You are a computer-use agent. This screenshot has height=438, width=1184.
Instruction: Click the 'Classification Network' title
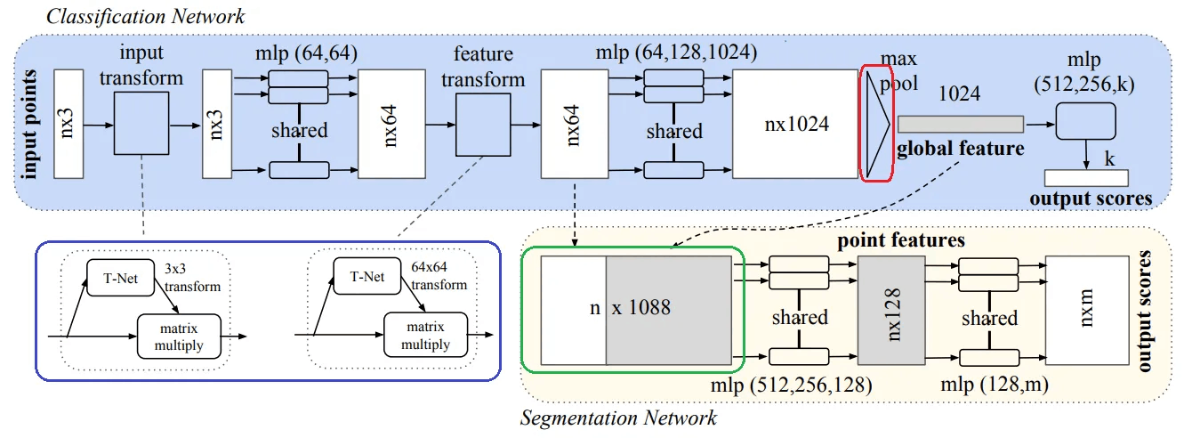pyautogui.click(x=145, y=17)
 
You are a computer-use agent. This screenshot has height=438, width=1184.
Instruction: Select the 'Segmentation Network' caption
pyautogui.click(x=618, y=418)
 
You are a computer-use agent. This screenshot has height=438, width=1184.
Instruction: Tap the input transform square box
pyautogui.click(x=141, y=123)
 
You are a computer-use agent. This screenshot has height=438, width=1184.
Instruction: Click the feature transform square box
pyautogui.click(x=483, y=125)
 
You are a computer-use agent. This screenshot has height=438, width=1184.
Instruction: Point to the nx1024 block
pyautogui.click(x=795, y=124)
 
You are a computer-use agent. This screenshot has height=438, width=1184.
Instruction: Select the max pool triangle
pyautogui.click(x=877, y=124)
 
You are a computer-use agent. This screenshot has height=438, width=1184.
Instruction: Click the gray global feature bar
pyautogui.click(x=961, y=124)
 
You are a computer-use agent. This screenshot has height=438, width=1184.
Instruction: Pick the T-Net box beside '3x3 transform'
pyautogui.click(x=120, y=278)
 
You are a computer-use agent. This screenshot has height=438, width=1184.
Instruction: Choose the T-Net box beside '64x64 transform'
pyautogui.click(x=366, y=276)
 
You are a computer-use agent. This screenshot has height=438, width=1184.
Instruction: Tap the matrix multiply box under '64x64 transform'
pyautogui.click(x=425, y=336)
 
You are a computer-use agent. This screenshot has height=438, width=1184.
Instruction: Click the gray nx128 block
pyautogui.click(x=891, y=311)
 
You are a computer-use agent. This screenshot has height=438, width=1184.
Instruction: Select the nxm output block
pyautogui.click(x=1087, y=311)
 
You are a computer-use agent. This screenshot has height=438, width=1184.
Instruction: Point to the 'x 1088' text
pyautogui.click(x=641, y=307)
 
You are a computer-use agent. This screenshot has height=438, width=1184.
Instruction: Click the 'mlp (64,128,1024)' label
pyautogui.click(x=677, y=53)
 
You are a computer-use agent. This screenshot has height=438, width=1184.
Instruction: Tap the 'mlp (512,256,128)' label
pyautogui.click(x=792, y=385)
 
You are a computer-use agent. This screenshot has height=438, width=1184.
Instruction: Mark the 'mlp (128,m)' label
pyautogui.click(x=995, y=385)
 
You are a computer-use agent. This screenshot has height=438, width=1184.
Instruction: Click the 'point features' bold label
pyautogui.click(x=901, y=240)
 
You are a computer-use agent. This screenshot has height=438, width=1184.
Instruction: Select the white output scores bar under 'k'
pyautogui.click(x=1087, y=178)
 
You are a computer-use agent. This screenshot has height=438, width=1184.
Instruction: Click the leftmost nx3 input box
pyautogui.click(x=68, y=124)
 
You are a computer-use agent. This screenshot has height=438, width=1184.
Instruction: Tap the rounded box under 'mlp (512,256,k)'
pyautogui.click(x=1085, y=121)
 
